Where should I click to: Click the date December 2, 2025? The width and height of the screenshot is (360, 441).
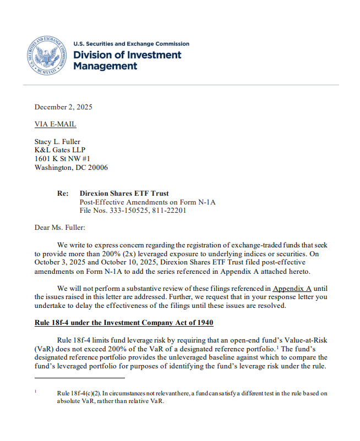point(63,107)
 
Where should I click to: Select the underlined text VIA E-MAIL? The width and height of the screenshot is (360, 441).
point(55,124)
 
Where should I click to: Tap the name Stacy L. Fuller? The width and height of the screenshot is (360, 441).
point(58,142)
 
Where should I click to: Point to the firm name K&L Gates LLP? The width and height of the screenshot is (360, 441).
point(59,150)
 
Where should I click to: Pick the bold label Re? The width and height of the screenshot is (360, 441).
point(63,194)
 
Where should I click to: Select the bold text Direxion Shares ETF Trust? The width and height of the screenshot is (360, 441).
point(124,194)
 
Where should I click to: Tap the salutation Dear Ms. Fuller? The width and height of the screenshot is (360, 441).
point(60,228)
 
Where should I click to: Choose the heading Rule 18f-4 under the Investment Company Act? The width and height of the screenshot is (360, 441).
point(124,322)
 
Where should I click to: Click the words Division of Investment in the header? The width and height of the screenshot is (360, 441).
point(127,55)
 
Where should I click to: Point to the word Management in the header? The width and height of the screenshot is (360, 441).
point(105,67)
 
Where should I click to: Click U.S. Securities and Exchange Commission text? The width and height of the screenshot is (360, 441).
point(131,44)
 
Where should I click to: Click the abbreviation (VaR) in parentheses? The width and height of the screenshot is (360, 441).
point(46,349)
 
